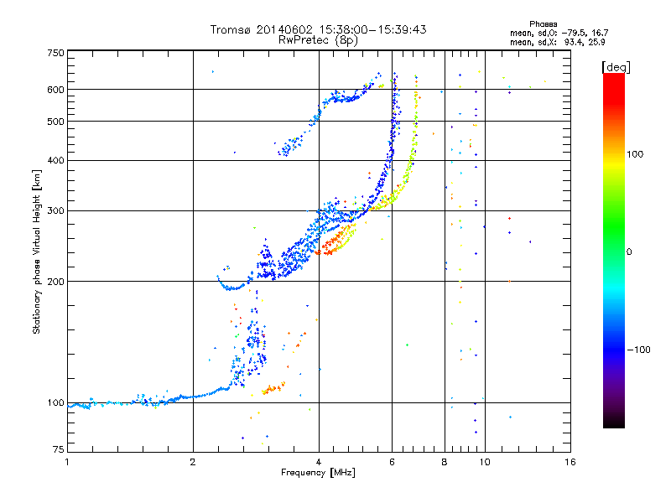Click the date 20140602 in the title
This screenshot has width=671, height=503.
coord(284,29)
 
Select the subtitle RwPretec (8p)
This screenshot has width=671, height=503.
coord(318,40)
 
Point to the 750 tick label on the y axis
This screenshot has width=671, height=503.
coord(55,53)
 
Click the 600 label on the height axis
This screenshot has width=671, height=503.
coord(55,90)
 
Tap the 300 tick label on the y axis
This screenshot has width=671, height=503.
coord(55,210)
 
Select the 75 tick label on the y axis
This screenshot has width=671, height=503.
coord(59,449)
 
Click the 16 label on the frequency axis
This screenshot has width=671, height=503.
coord(570,462)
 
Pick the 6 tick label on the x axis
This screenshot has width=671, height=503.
coord(392,462)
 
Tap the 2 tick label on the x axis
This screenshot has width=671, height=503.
coord(193,462)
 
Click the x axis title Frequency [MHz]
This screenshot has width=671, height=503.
coord(318,473)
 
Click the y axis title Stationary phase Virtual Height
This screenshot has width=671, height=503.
coord(36,252)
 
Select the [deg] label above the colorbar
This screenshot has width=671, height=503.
coord(616,67)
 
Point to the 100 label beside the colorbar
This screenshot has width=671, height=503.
coord(635,154)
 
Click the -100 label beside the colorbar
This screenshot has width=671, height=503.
coord(638,350)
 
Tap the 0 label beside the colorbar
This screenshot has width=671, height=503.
coord(629,252)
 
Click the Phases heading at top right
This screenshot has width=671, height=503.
coord(544,24)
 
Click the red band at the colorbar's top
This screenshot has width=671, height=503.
coord(614,86)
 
